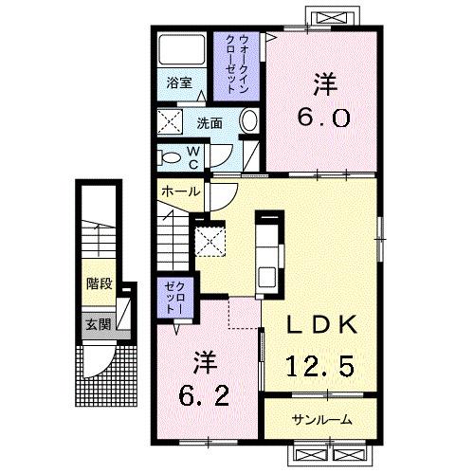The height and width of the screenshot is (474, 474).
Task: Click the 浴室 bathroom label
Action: pyautogui.click(x=180, y=82)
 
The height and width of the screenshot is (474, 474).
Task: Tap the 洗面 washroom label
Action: pyautogui.click(x=210, y=122)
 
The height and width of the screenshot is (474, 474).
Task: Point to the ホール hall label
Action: pyautogui.click(x=180, y=191)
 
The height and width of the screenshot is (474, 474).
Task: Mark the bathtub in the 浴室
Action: pyautogui.click(x=181, y=50)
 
